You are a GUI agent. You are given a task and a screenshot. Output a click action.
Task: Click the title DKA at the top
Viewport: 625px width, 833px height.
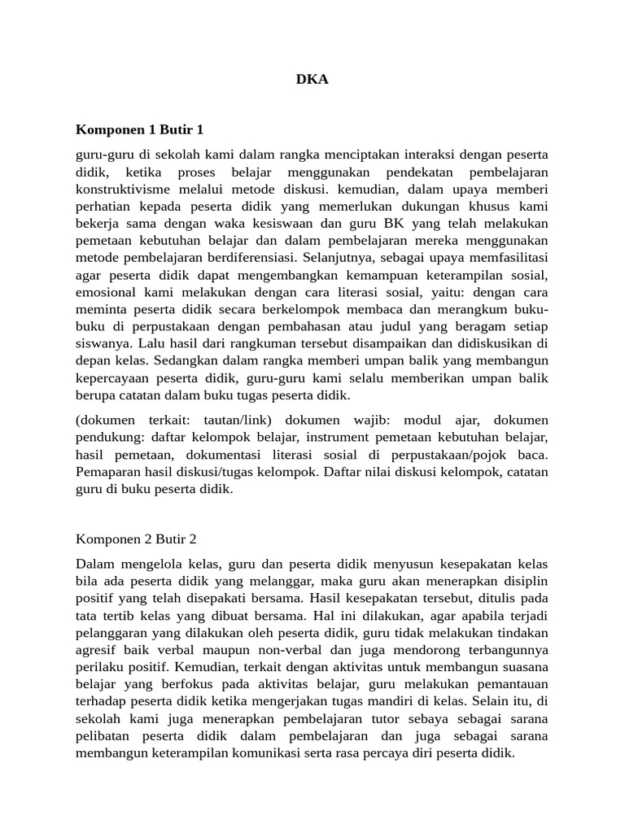312,80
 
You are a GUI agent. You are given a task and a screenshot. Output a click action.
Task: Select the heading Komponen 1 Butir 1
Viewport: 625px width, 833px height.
139,129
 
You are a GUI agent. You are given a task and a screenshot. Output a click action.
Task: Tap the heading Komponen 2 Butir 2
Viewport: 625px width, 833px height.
136,539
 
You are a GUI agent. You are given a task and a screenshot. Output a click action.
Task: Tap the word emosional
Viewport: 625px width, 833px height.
107,292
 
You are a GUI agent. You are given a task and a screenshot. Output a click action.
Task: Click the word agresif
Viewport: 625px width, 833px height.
98,649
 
